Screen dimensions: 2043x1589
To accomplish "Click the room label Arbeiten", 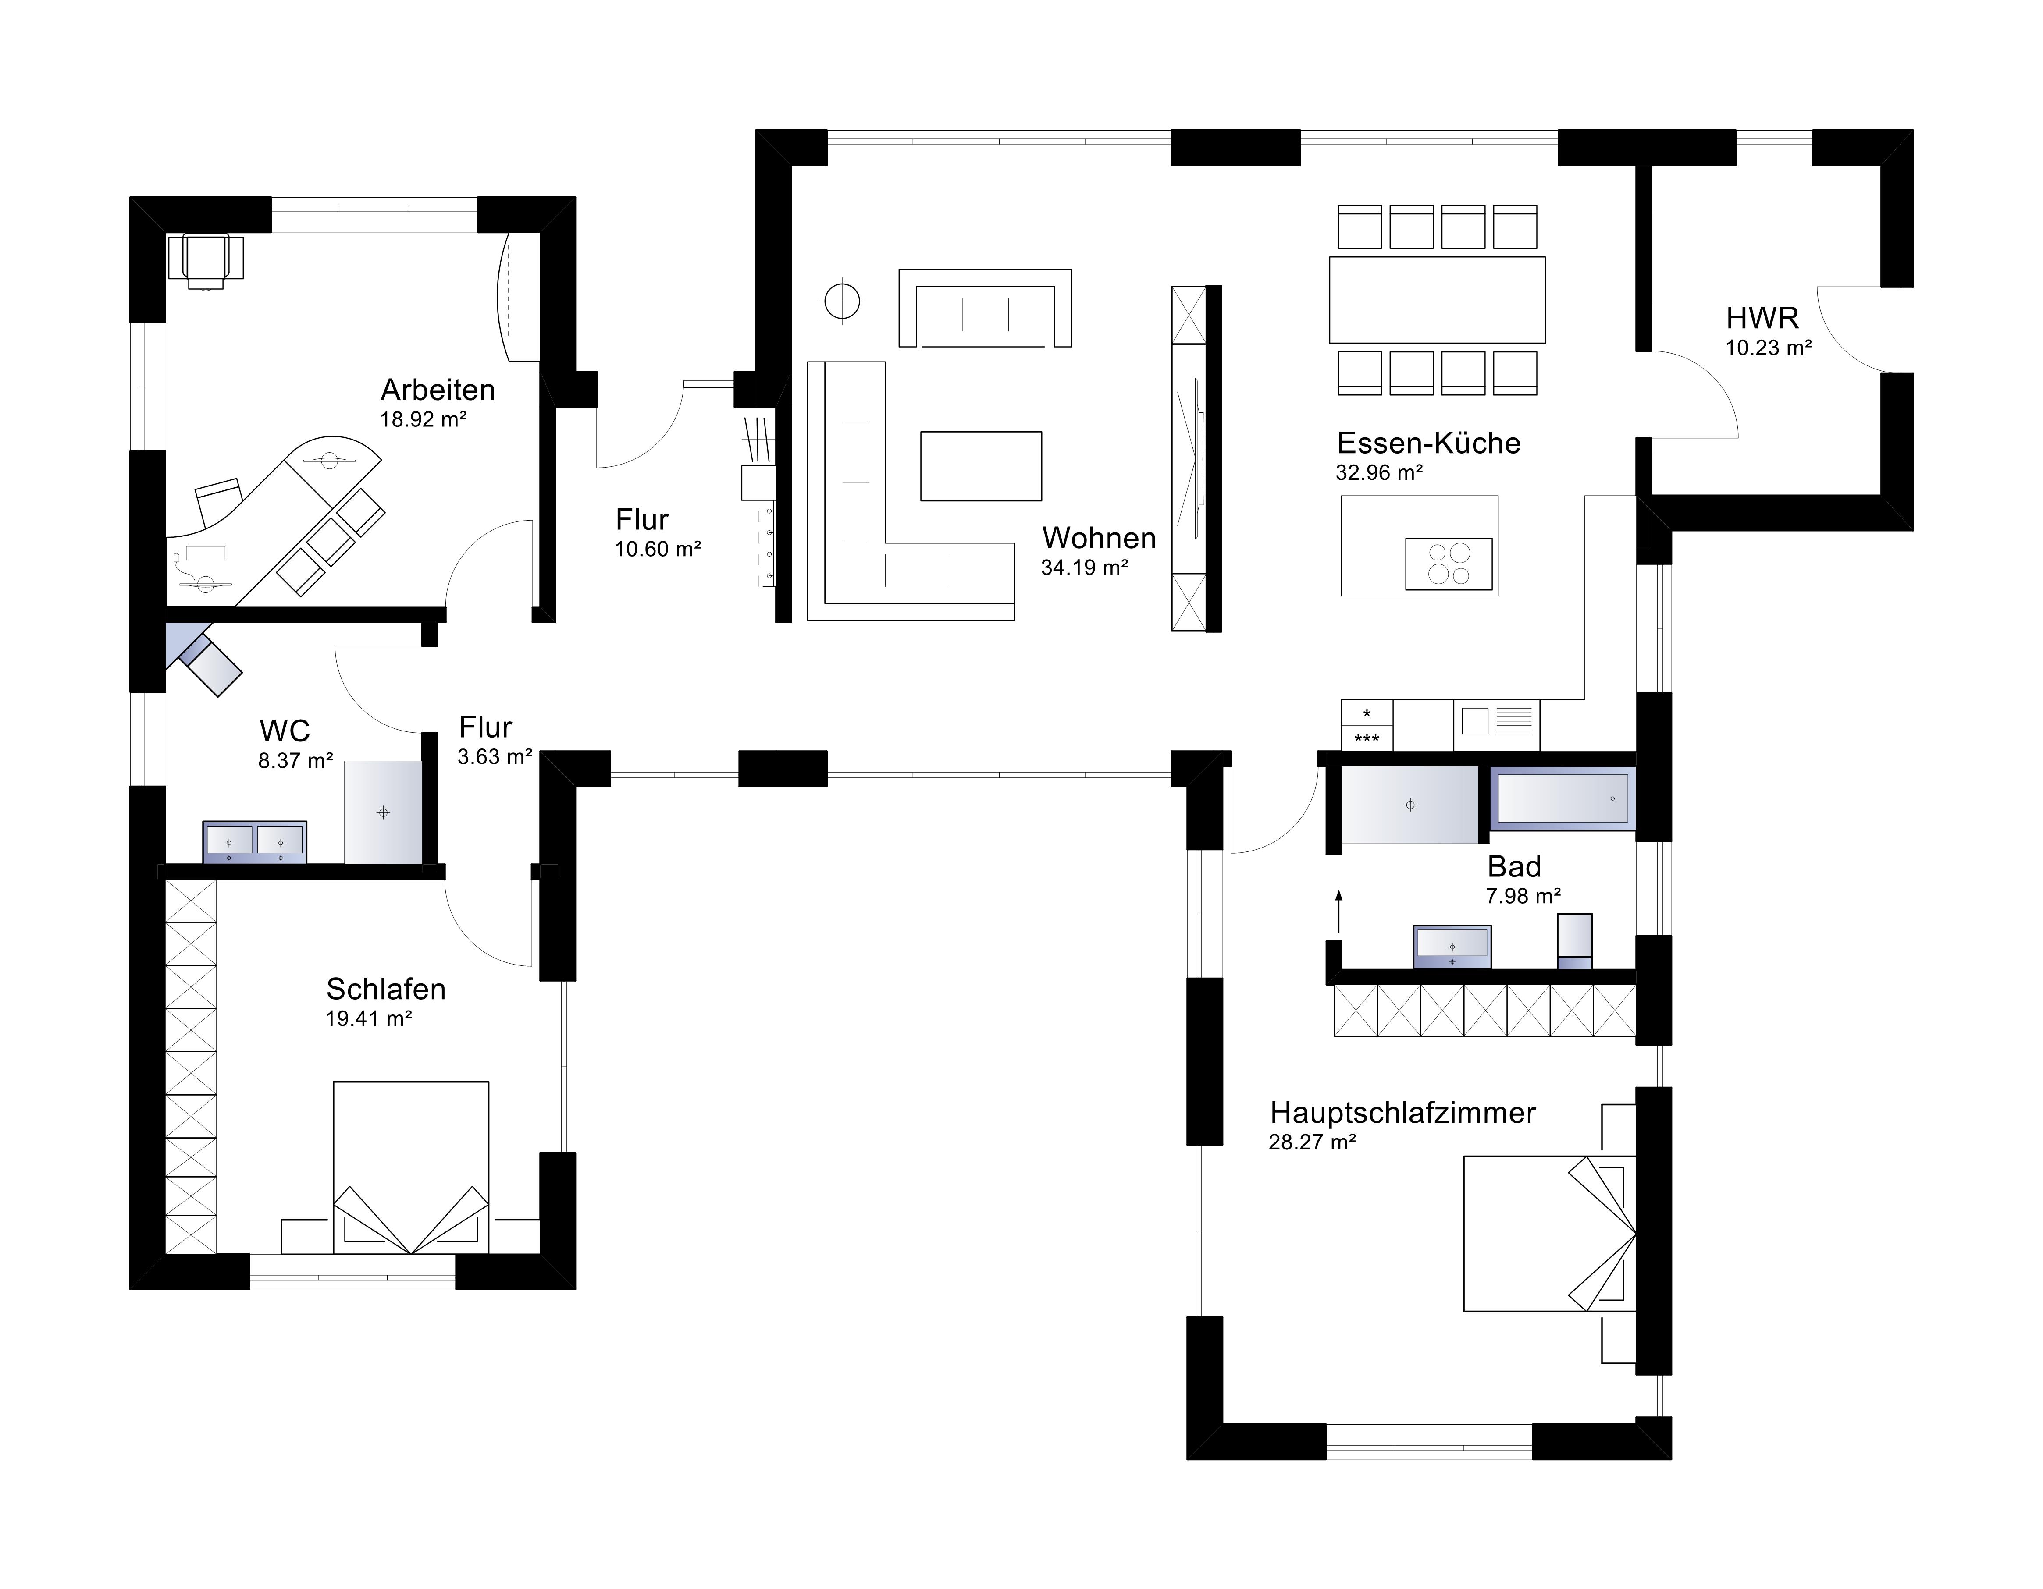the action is [x=438, y=390].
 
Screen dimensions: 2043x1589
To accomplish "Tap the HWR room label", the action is [x=1762, y=318].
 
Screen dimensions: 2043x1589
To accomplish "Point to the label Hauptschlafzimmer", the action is [x=1402, y=1113].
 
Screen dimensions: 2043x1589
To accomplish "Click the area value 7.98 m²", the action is [x=1523, y=896].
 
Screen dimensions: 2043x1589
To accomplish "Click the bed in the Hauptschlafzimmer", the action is [x=1549, y=1234].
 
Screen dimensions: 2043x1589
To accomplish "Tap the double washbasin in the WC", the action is [x=254, y=842].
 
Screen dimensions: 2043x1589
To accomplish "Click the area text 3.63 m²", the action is [x=495, y=757].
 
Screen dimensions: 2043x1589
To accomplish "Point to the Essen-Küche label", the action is [x=1428, y=443].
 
